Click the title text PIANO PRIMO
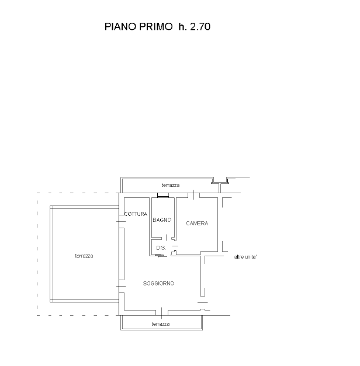tap(139, 27)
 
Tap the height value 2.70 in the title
tap(200, 27)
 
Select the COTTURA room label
tap(136, 214)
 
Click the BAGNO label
tap(162, 220)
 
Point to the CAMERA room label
tap(197, 224)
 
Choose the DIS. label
tap(161, 248)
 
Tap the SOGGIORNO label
tap(159, 283)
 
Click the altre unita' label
tap(245, 257)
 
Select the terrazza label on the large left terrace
tap(84, 256)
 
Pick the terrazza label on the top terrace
tap(171, 185)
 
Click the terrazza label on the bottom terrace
tap(161, 324)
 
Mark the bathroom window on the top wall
tap(163, 195)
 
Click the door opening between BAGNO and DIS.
tap(167, 238)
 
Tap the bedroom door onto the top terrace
tap(194, 195)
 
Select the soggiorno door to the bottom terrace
tap(162, 313)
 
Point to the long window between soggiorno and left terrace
tap(122, 254)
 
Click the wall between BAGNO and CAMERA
tap(175, 219)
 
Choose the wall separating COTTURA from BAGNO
tap(150, 226)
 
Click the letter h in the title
tap(181, 27)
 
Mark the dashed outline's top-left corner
tap(37, 193)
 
